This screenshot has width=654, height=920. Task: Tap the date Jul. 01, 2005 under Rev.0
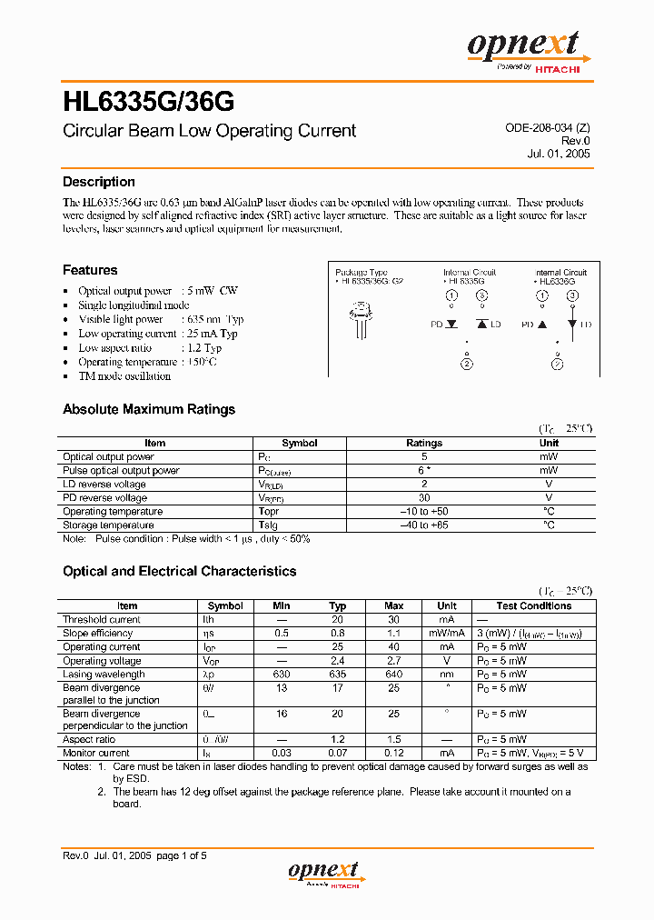[x=558, y=154]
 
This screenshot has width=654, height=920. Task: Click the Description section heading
[x=99, y=182]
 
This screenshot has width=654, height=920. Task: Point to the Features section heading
[x=90, y=270]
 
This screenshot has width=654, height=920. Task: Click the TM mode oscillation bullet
[x=124, y=376]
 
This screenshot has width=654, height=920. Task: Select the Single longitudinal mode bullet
[x=134, y=305]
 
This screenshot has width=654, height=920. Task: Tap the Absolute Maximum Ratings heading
[x=149, y=409]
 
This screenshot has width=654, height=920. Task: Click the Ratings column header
[x=424, y=444]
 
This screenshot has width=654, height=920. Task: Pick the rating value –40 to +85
[x=424, y=525]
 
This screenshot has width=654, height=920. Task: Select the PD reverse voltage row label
[x=104, y=498]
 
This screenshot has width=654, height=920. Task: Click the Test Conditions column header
[x=534, y=606]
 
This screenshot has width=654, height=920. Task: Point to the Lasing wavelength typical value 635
[x=337, y=675]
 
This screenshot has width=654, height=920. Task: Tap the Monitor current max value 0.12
[x=393, y=754]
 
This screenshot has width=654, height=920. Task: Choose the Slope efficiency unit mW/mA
[x=447, y=634]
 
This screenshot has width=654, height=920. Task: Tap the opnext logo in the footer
[x=326, y=873]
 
